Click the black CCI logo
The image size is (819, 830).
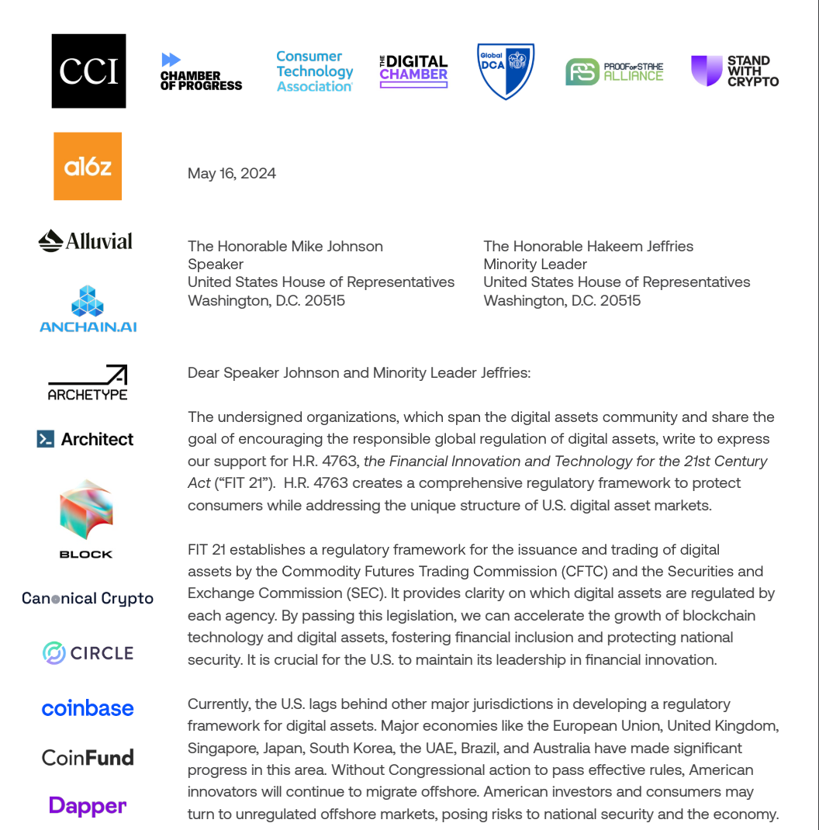coord(88,71)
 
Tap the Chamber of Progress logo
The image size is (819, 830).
coord(201,71)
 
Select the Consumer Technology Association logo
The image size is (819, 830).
coord(315,71)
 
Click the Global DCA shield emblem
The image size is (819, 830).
coord(505,71)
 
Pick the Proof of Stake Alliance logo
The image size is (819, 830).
coord(614,71)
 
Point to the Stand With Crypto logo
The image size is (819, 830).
coord(734,71)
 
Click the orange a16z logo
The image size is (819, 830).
coord(88,166)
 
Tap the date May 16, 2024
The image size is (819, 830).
coord(232,174)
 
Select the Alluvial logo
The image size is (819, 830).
coord(85,241)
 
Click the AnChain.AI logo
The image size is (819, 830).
coord(88,309)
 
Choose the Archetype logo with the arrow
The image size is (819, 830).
coord(88,382)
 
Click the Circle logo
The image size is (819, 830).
coord(88,653)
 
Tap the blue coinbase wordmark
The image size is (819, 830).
coord(88,708)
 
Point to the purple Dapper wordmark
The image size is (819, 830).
coord(88,805)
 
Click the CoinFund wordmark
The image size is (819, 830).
coord(88,757)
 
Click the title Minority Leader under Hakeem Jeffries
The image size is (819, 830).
coord(535,265)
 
